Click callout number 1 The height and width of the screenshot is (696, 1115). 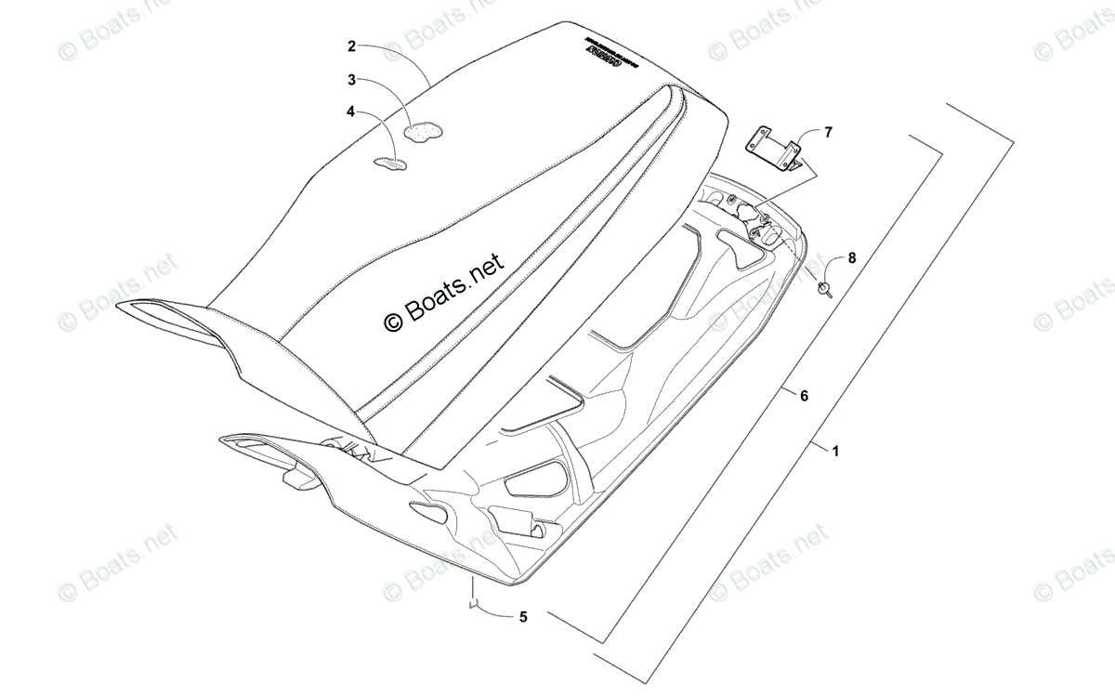(x=835, y=452)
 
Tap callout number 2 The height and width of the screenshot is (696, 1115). (x=352, y=45)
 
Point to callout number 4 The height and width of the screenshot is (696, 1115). (x=351, y=112)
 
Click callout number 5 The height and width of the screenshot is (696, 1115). (x=522, y=616)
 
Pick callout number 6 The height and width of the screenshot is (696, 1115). (x=804, y=396)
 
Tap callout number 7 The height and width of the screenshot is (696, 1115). (x=828, y=132)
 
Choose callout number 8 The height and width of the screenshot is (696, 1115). (x=852, y=256)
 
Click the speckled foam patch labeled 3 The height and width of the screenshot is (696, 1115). (x=426, y=133)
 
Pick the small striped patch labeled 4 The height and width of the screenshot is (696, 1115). (x=390, y=164)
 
